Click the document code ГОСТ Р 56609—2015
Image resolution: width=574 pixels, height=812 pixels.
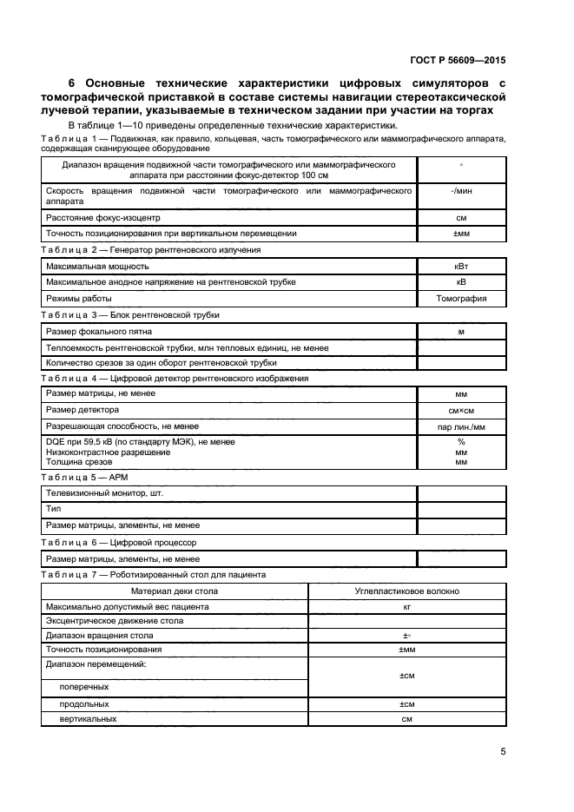(x=458, y=61)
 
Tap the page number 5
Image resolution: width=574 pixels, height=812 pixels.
(x=503, y=752)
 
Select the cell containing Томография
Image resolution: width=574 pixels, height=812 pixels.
(x=461, y=298)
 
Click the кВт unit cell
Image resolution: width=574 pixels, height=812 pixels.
(x=461, y=267)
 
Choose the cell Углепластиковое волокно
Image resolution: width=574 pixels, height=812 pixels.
(x=407, y=591)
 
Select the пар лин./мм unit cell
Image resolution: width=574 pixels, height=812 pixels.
(x=461, y=426)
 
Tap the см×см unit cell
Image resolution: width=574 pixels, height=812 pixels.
(x=461, y=410)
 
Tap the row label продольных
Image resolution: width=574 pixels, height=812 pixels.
(x=84, y=703)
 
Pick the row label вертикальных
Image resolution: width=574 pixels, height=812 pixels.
(x=88, y=719)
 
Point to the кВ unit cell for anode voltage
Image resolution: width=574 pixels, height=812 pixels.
(x=461, y=282)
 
